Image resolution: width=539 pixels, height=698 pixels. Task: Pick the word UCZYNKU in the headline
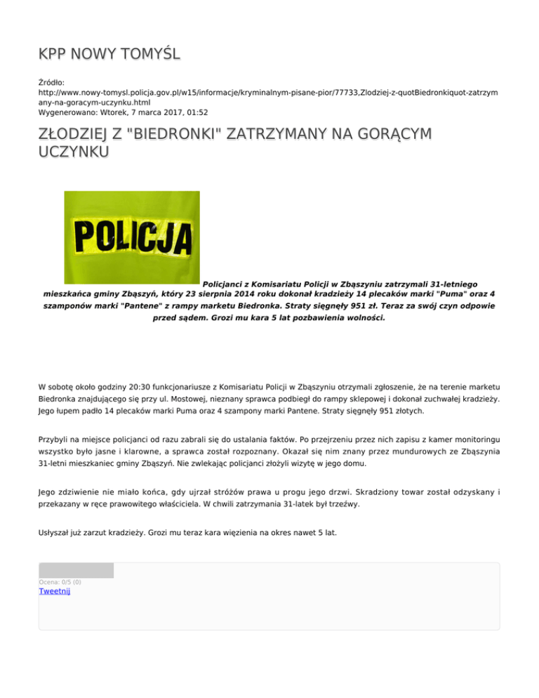pos(73,152)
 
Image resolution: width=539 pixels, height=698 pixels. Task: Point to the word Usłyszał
pos(56,533)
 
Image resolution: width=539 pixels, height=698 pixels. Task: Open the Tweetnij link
pos(55,591)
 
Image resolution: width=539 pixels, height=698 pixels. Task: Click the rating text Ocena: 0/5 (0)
pos(60,582)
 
